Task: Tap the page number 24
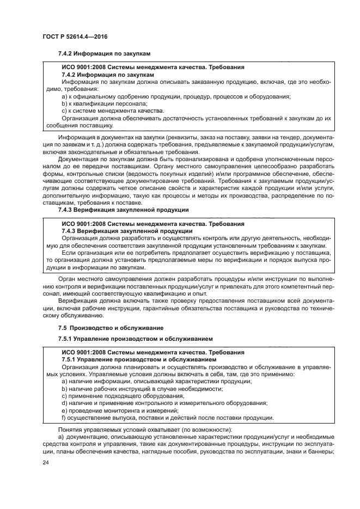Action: pos(46,462)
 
